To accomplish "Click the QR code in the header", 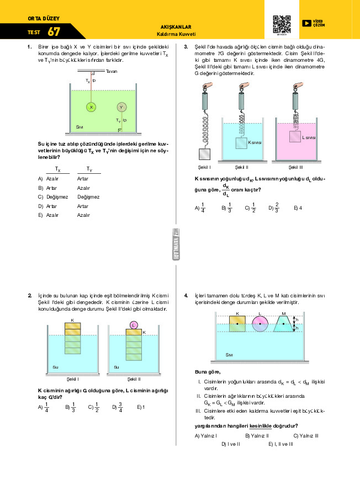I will [x=282, y=24].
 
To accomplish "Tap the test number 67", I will [x=54, y=32].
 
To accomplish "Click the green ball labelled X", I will [x=92, y=107].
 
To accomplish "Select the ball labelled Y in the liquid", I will [x=121, y=107].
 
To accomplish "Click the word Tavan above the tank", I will [x=111, y=72].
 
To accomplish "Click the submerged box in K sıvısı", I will [x=241, y=142].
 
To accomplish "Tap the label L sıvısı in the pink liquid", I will [x=309, y=138].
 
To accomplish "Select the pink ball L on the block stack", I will [x=134, y=325].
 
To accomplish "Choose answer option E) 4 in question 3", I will [x=298, y=208].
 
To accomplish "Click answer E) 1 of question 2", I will [x=141, y=407].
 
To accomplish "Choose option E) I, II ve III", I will [x=280, y=444].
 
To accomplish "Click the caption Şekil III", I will [x=296, y=167].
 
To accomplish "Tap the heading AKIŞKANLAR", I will [x=175, y=26].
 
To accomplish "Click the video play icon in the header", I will [x=306, y=23].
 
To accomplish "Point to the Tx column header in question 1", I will [x=57, y=170].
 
